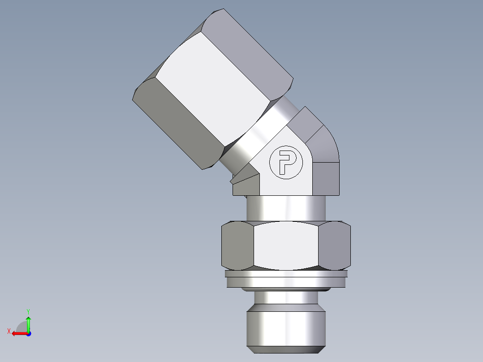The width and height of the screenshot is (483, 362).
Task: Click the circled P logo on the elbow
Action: point(285,162)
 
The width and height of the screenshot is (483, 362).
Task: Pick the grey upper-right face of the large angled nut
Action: point(255,49)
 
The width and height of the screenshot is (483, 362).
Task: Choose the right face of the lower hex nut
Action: point(336,246)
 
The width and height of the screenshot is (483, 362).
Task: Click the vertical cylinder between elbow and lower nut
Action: point(287,208)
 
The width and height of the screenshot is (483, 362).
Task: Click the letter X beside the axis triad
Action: point(9,331)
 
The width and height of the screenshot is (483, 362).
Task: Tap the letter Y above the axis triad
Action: point(28,311)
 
